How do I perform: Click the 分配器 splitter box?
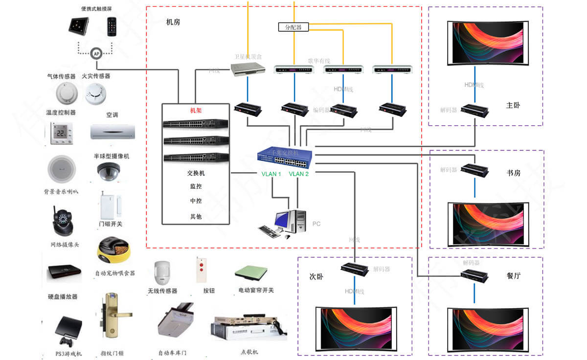(293, 27)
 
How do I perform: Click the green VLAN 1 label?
(271, 174)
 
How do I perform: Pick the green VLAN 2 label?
(299, 174)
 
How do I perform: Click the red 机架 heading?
(196, 111)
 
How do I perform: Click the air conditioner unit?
(113, 131)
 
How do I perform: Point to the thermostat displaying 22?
(62, 133)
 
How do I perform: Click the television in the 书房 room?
(489, 223)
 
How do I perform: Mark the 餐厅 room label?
(514, 275)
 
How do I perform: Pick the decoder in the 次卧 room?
(355, 269)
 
